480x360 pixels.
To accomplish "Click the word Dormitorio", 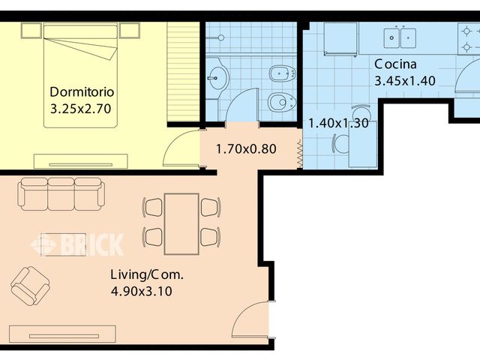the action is (82, 91).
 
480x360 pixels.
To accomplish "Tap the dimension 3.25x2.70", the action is (80, 109).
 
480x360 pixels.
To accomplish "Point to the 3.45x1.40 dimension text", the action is (405, 81).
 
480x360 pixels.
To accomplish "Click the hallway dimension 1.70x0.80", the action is (246, 149).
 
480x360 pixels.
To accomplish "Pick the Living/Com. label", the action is (147, 274).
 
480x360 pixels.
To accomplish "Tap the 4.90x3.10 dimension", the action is (141, 291).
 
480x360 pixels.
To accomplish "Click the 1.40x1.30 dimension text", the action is (338, 123).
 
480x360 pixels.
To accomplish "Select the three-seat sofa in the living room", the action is (61, 193).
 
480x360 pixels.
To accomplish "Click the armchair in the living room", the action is (30, 286).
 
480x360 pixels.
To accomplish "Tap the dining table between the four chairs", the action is (181, 223).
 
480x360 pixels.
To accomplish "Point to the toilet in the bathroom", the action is (282, 102).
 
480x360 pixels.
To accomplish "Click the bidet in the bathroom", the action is (282, 73).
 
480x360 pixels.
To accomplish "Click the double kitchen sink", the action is (400, 38).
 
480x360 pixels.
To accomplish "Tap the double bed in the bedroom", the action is (80, 75).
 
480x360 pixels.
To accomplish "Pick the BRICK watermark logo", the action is (77, 244).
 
